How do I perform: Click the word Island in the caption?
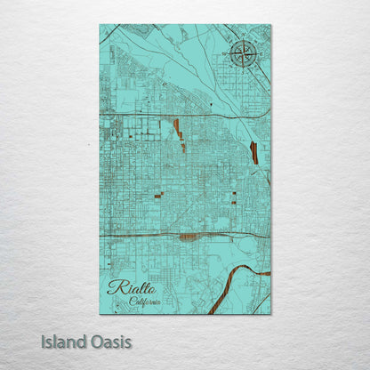[x=63, y=342]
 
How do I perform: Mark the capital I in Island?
[x=43, y=342]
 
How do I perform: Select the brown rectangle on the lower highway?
[x=187, y=237]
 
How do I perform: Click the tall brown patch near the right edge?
[x=254, y=153]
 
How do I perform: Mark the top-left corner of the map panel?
[x=100, y=25]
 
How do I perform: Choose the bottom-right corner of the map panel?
[x=270, y=313]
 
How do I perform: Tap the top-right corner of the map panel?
[x=270, y=25]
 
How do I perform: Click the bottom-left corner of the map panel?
[x=100, y=313]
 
